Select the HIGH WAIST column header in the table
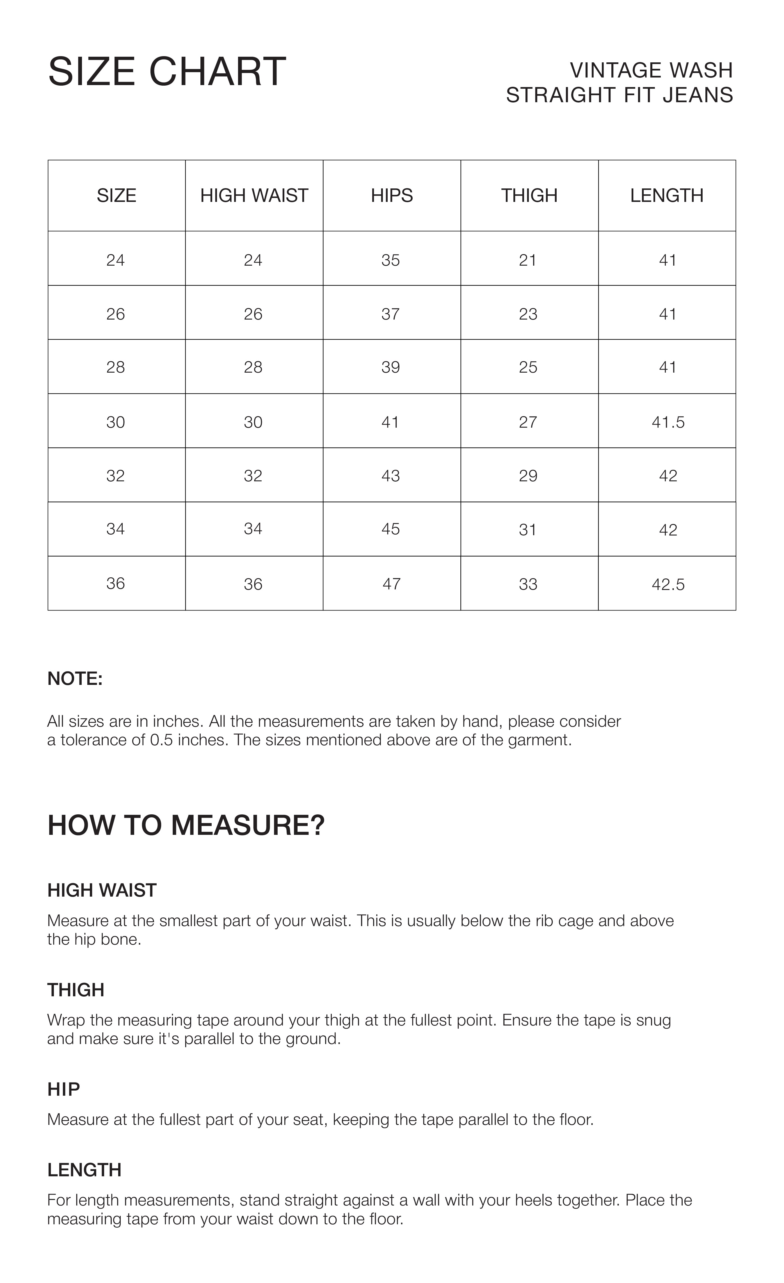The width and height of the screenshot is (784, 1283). [254, 196]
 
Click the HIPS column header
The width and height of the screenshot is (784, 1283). [392, 196]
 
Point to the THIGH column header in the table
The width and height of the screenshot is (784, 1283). [529, 196]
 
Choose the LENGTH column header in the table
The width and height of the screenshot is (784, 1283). [667, 196]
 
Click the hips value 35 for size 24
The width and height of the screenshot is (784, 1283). [390, 260]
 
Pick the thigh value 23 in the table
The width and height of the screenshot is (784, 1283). [528, 314]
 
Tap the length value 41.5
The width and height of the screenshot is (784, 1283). [668, 422]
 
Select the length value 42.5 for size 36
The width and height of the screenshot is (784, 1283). [668, 584]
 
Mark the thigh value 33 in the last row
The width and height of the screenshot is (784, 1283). [528, 584]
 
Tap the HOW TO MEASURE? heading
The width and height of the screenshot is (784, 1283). [186, 825]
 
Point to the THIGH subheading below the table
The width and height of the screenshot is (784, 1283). [76, 990]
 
